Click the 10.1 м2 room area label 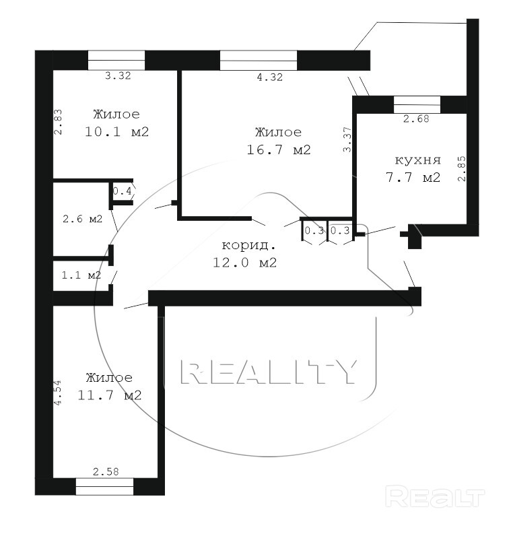[x=116, y=131]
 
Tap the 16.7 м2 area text [x=279, y=149]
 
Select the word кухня [x=417, y=160]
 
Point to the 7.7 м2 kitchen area [x=413, y=177]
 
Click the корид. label [x=248, y=245]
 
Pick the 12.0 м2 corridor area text [x=244, y=262]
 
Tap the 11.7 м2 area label [x=109, y=395]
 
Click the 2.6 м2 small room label [x=82, y=219]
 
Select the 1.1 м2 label [x=81, y=275]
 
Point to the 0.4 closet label [x=122, y=191]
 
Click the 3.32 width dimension [x=118, y=75]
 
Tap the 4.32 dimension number [x=269, y=77]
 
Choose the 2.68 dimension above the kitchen [x=416, y=119]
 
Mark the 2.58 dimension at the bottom [x=106, y=471]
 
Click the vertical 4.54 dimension [x=58, y=393]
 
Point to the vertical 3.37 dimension [x=347, y=139]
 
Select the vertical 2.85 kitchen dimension [x=462, y=168]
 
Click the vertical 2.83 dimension [x=58, y=122]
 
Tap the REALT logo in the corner [x=435, y=497]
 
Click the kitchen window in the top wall [x=417, y=104]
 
